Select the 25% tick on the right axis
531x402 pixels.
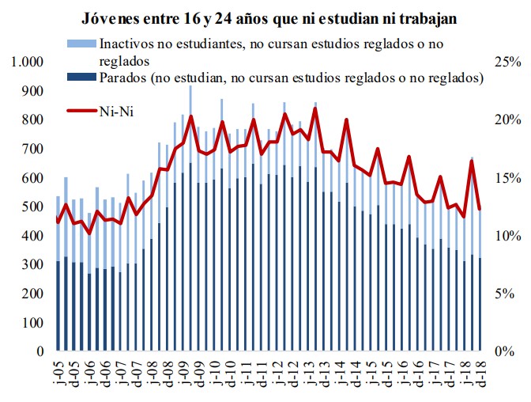[507, 63]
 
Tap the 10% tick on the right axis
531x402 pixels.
[507, 236]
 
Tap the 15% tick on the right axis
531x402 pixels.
[507, 178]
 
